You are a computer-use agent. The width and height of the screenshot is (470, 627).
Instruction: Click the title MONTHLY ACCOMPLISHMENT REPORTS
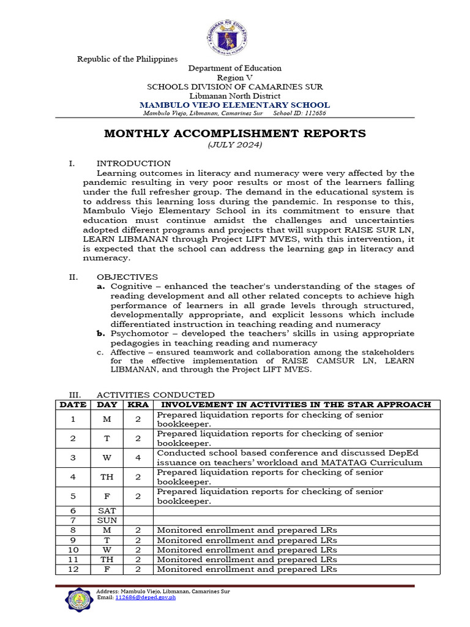tap(234, 133)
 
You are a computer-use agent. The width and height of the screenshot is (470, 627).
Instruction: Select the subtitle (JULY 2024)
tap(234, 145)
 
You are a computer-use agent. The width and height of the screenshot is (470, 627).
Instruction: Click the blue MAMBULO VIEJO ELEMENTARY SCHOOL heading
tap(234, 105)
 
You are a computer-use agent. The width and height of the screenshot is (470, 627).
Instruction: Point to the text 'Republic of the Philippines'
tap(127, 59)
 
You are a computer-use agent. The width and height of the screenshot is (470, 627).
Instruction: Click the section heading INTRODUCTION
tap(133, 163)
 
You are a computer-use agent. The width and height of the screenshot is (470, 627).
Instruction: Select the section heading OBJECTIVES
tap(127, 277)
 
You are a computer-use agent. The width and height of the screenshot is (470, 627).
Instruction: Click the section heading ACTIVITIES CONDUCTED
tap(155, 395)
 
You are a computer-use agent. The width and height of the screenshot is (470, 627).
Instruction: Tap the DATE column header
tap(73, 405)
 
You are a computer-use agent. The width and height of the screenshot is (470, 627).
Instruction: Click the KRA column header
tap(138, 405)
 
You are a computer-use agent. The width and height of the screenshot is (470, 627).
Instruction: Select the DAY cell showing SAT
tap(107, 511)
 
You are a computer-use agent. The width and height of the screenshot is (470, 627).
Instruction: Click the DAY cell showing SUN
tap(107, 520)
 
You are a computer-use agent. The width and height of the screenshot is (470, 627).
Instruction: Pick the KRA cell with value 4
tap(138, 458)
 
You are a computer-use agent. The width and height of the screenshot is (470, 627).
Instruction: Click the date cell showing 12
tap(73, 569)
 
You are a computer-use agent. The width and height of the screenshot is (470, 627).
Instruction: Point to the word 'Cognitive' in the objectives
tap(129, 287)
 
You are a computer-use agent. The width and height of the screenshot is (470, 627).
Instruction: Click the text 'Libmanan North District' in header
tap(234, 96)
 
